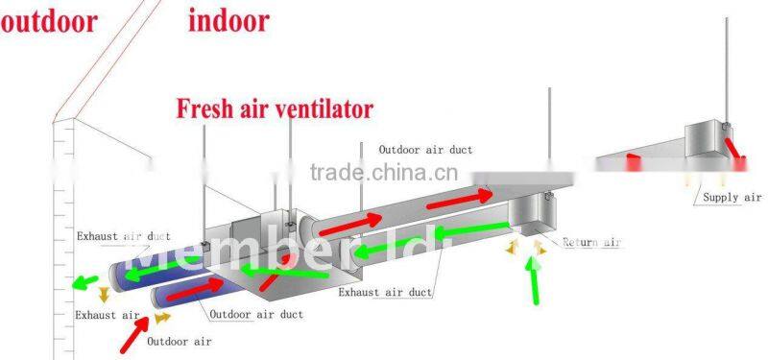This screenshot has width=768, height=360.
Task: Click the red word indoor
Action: (228, 21)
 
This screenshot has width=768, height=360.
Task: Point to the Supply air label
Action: (732, 197)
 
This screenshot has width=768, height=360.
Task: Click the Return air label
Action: (592, 243)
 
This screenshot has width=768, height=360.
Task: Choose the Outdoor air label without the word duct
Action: (180, 341)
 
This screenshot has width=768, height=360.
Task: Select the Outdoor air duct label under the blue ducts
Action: (256, 314)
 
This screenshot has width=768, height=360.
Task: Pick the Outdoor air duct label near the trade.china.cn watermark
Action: (425, 150)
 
